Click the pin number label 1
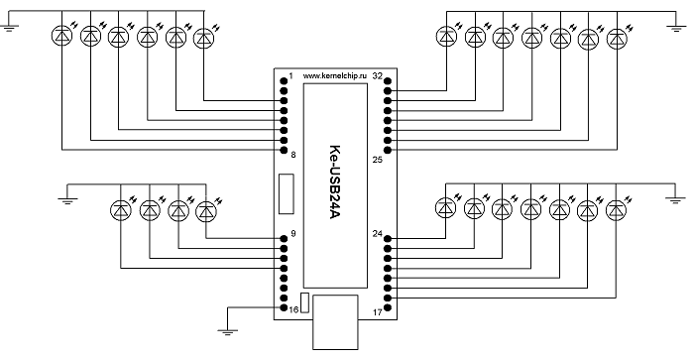[x=290, y=76]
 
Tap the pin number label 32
[x=377, y=76]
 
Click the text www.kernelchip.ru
[x=335, y=76]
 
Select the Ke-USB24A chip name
[x=335, y=182]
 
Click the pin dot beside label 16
[x=284, y=307]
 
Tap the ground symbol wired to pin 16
[x=227, y=331]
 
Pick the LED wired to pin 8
[x=61, y=37]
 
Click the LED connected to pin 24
[x=446, y=207]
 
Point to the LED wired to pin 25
[x=617, y=39]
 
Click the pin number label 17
[x=377, y=312]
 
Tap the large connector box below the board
[x=335, y=322]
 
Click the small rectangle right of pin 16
[x=304, y=302]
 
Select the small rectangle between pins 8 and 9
[x=286, y=194]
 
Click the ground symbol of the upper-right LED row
[x=676, y=29]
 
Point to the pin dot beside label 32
[x=388, y=81]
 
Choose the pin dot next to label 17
[x=388, y=307]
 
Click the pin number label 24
[x=377, y=233]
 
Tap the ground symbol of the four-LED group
[x=67, y=200]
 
